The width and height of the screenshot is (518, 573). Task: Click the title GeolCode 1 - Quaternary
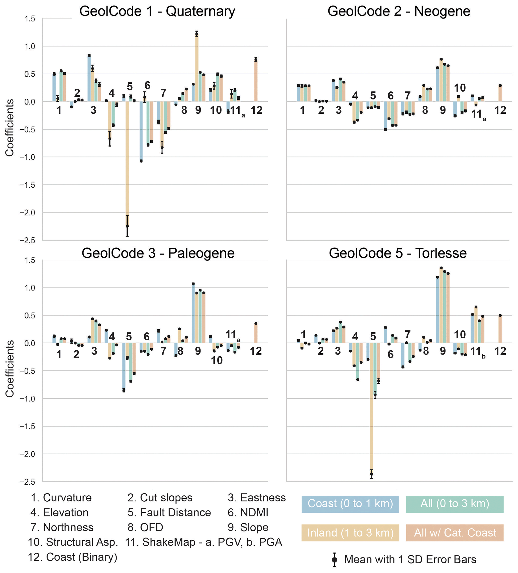click(x=157, y=11)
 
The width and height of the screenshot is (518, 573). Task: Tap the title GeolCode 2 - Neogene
click(x=398, y=11)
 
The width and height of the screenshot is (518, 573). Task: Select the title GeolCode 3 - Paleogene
click(x=158, y=253)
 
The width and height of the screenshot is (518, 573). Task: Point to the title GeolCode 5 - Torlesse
click(x=398, y=253)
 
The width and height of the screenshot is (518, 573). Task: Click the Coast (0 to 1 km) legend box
click(x=350, y=504)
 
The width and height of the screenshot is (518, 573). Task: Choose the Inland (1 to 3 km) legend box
click(x=350, y=533)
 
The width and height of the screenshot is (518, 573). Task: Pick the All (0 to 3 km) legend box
click(x=455, y=504)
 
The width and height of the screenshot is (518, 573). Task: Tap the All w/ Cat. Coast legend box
click(x=455, y=533)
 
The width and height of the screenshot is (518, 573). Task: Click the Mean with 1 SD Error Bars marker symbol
click(x=335, y=560)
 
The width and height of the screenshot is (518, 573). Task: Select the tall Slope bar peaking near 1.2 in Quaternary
click(x=196, y=68)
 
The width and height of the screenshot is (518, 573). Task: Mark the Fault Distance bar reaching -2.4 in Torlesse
click(x=371, y=409)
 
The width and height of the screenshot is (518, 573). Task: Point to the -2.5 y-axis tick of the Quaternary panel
click(x=27, y=240)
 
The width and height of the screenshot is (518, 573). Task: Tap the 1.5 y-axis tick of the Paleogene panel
click(x=30, y=260)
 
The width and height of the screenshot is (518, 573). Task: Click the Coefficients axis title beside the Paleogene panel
click(x=10, y=369)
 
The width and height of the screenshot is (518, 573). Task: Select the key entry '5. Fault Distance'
click(x=169, y=513)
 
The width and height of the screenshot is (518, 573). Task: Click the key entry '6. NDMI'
click(x=248, y=513)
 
